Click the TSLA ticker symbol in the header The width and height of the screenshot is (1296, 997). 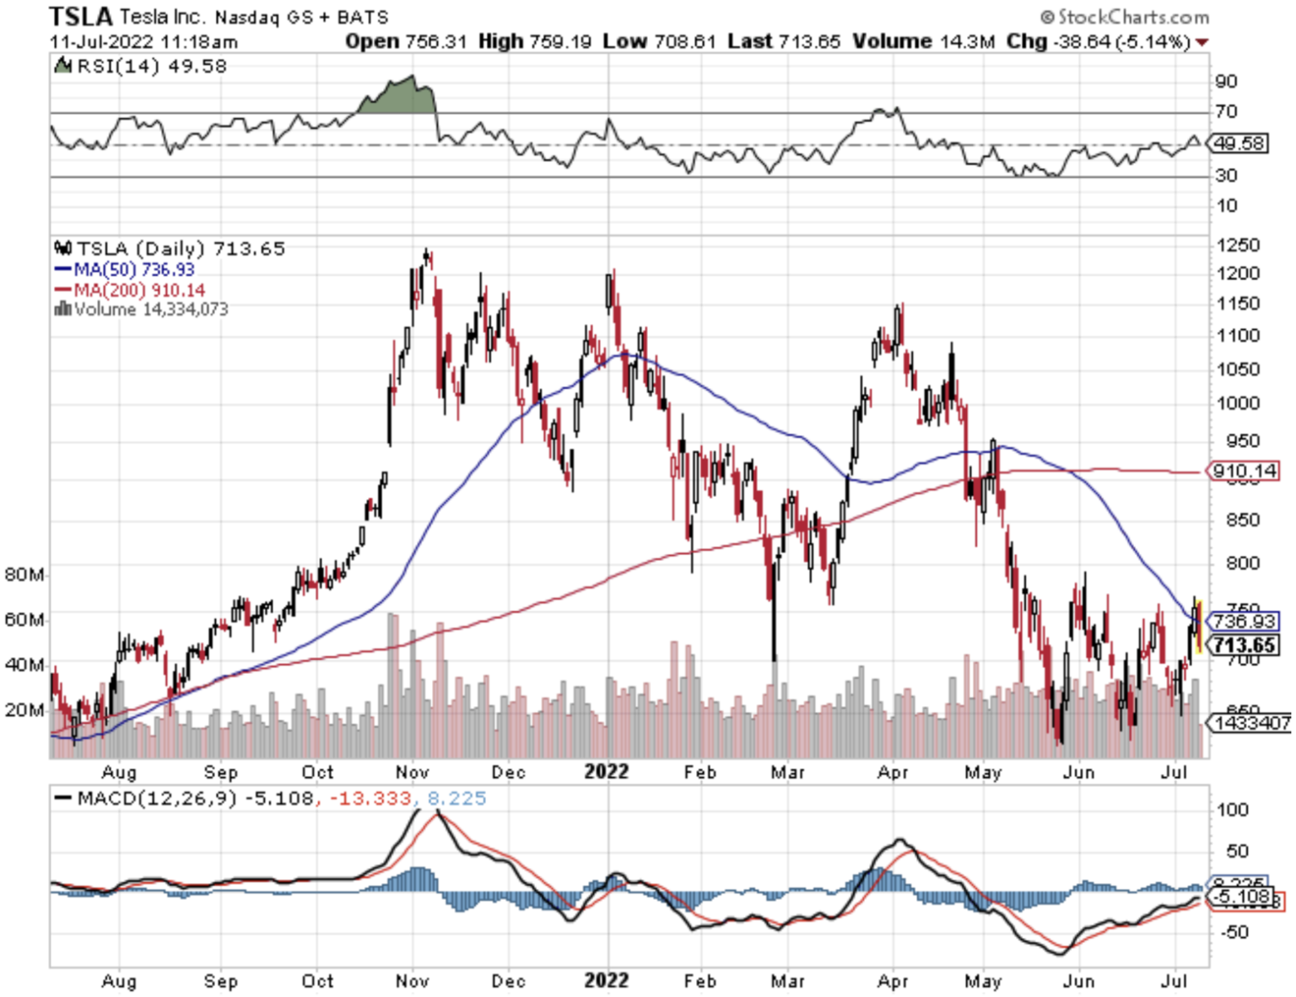click(x=81, y=16)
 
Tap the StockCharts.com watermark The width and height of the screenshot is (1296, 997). click(x=1126, y=17)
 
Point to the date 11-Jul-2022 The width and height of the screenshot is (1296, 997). click(x=101, y=42)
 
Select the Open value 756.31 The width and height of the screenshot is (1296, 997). click(x=435, y=41)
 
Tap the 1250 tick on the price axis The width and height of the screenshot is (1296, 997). click(x=1238, y=245)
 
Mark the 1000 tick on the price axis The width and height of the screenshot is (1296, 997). click(x=1238, y=403)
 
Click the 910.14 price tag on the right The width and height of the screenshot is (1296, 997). click(x=1245, y=471)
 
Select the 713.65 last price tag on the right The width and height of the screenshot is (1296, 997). click(x=1245, y=645)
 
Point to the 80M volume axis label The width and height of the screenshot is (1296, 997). click(x=24, y=575)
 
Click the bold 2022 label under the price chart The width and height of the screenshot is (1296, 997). click(x=607, y=772)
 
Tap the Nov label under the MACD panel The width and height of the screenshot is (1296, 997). click(x=413, y=981)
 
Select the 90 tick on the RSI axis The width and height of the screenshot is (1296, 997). click(x=1226, y=82)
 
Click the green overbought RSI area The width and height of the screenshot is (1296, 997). click(x=397, y=97)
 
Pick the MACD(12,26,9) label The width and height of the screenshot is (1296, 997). click(x=157, y=799)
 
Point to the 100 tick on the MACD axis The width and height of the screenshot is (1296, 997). click(x=1232, y=810)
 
